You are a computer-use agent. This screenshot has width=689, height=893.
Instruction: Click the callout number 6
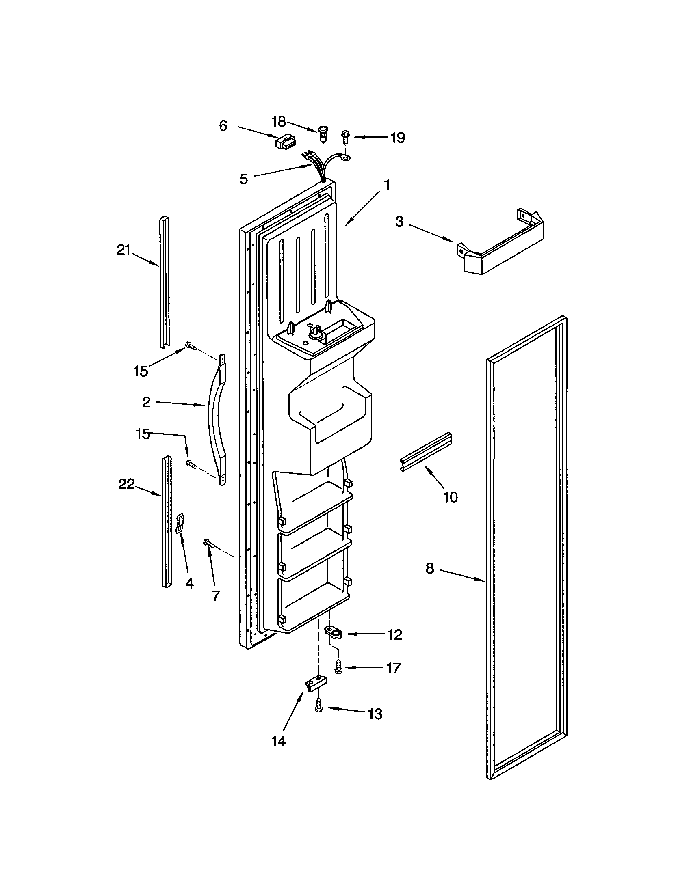[x=223, y=126]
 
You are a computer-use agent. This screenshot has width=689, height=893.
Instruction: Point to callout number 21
[x=123, y=250]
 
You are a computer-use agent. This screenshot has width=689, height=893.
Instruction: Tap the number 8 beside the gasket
[x=429, y=568]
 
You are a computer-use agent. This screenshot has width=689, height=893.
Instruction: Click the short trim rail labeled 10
[x=425, y=452]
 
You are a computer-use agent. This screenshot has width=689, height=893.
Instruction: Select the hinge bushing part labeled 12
[x=334, y=631]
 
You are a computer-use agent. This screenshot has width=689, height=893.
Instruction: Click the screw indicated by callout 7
[x=208, y=543]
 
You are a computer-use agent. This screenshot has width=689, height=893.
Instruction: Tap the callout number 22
[x=126, y=484]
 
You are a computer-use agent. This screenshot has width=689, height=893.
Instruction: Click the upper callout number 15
[x=141, y=371]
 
